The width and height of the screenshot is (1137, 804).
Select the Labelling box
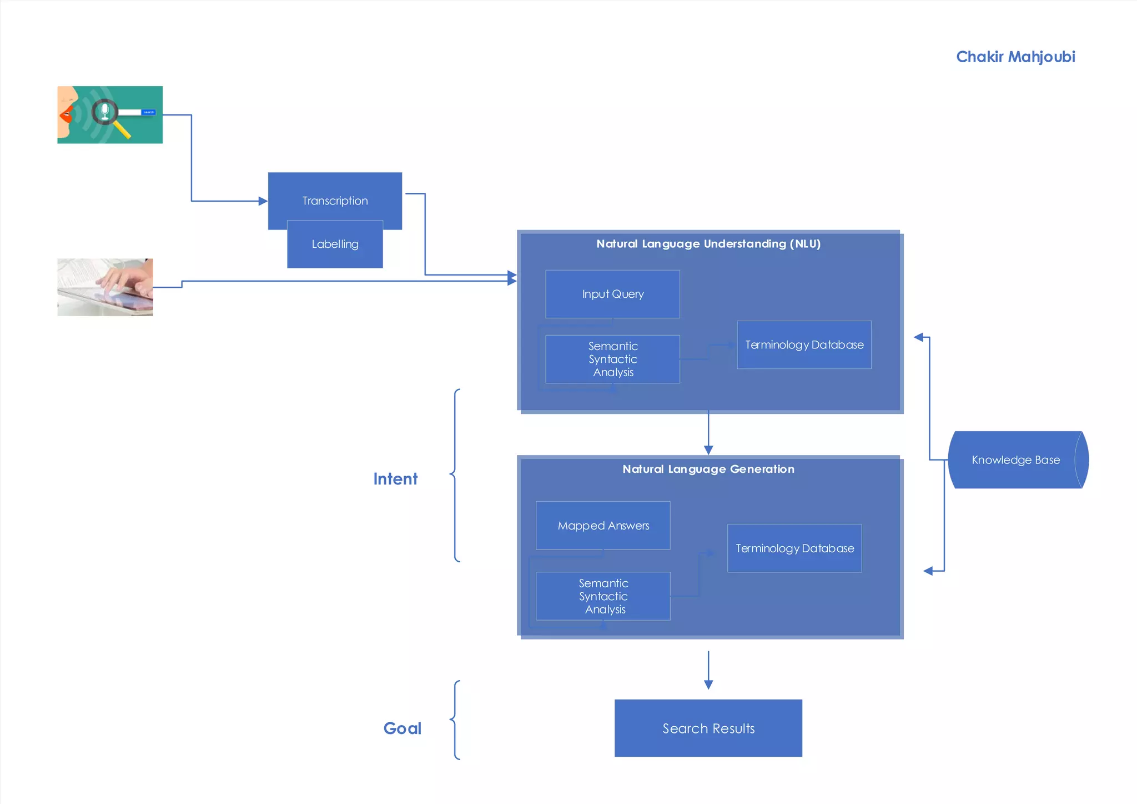pos(335,244)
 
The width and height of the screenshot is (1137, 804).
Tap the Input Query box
pos(612,294)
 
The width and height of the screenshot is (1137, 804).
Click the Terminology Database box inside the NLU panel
pos(803,344)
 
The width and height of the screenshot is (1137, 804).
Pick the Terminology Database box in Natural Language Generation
pos(794,548)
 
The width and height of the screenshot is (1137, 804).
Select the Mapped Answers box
pos(603,525)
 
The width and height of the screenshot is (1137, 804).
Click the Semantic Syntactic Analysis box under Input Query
pos(612,359)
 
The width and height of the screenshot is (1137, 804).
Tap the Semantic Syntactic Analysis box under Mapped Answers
pos(603,596)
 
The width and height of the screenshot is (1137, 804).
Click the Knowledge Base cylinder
pos(1015,460)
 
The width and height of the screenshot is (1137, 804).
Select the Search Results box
pos(708,728)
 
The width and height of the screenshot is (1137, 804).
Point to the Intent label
pos(395,478)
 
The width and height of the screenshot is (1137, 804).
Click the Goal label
pos(402,728)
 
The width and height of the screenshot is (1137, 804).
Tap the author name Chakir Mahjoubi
pos(1015,57)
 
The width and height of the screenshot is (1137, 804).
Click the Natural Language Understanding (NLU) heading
pos(708,243)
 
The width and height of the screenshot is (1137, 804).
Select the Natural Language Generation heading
pos(708,469)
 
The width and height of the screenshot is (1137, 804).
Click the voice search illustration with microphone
pos(110,114)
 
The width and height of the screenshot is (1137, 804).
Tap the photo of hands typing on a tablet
pos(105,287)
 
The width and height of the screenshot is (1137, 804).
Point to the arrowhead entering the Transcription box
pos(263,201)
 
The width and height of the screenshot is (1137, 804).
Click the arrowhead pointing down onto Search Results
pos(708,685)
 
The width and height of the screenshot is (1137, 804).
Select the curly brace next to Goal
pos(455,720)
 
